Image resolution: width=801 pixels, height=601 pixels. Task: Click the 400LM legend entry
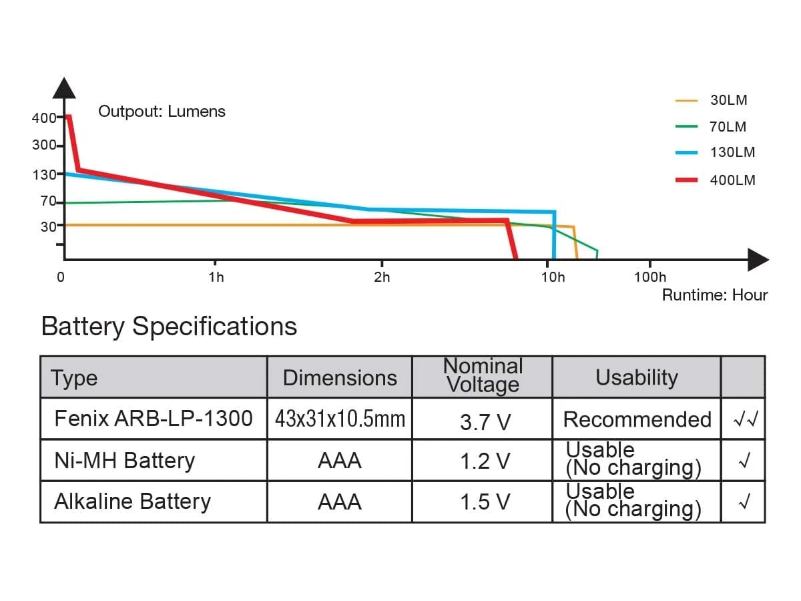(x=732, y=180)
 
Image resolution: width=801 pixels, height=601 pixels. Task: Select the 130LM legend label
(x=732, y=152)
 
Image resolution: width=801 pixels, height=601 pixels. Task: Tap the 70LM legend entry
(x=728, y=127)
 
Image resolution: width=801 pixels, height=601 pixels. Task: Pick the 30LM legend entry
(x=728, y=101)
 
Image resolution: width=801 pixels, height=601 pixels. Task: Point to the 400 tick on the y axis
(x=45, y=118)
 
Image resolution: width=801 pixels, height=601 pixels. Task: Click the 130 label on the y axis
(x=45, y=175)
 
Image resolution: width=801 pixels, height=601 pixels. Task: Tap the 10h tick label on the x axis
(x=553, y=277)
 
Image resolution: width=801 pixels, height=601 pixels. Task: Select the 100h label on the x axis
(x=649, y=277)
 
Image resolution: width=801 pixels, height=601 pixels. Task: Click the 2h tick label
(x=382, y=277)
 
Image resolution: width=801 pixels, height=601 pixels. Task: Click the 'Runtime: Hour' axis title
(x=715, y=295)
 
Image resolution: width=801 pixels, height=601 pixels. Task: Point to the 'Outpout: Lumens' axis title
(x=162, y=112)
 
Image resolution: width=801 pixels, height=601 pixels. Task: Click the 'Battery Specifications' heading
(x=169, y=327)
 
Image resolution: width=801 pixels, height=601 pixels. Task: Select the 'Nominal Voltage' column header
(x=483, y=375)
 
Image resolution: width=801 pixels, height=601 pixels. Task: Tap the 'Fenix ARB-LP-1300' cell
(x=154, y=419)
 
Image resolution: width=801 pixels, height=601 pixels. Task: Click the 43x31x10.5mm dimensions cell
(x=340, y=419)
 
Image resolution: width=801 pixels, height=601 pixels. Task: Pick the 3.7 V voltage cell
(x=485, y=421)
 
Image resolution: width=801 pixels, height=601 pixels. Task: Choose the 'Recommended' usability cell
(x=637, y=419)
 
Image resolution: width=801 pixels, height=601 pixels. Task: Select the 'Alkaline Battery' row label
(x=132, y=502)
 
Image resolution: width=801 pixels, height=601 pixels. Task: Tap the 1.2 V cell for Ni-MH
(x=485, y=461)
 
